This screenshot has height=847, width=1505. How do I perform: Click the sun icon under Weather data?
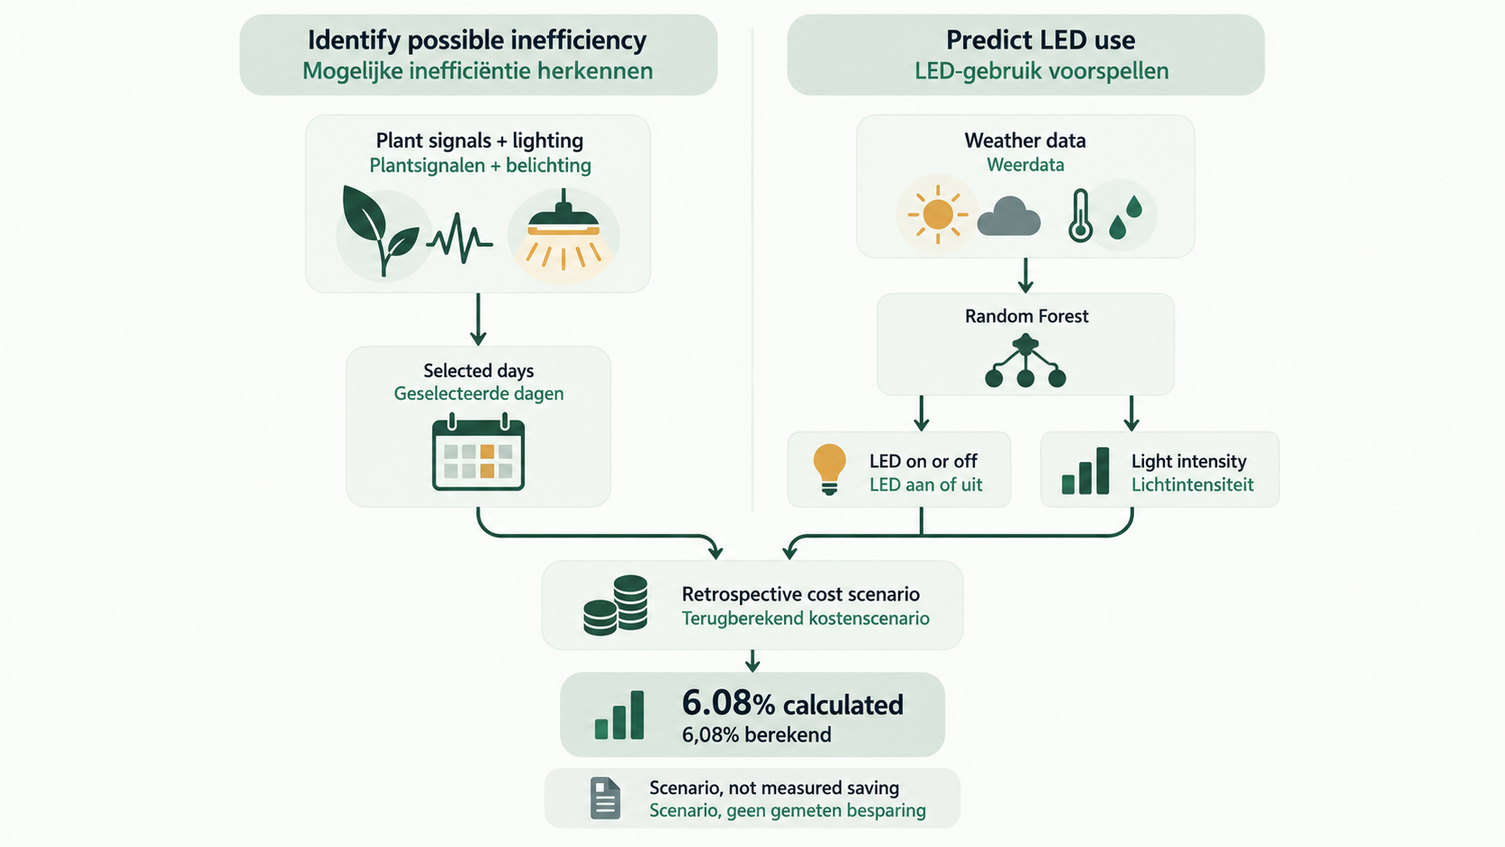tap(937, 215)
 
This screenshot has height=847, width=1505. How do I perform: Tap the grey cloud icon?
tap(1008, 216)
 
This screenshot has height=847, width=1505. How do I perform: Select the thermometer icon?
tap(1080, 216)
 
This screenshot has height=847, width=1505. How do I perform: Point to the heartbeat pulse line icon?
tap(460, 238)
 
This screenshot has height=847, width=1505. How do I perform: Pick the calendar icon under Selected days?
tap(478, 451)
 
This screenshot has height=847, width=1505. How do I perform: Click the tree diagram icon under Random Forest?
tap(1025, 362)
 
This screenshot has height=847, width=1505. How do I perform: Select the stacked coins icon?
tap(616, 605)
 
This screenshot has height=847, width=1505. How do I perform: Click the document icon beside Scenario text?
tap(605, 798)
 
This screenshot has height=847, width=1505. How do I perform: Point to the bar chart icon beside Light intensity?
tap(1085, 471)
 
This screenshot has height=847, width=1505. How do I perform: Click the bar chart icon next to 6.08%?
tap(618, 715)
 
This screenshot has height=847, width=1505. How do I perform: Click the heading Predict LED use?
tap(1041, 41)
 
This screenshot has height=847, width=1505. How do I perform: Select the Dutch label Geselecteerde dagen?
tap(478, 393)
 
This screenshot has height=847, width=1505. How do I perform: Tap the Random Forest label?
tap(1027, 316)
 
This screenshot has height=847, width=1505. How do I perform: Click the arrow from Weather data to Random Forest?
tap(1025, 275)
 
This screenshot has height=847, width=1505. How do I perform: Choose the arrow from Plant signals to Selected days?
tap(478, 319)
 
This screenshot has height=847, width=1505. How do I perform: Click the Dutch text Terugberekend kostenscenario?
tap(806, 618)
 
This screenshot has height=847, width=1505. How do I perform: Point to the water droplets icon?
tap(1125, 217)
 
